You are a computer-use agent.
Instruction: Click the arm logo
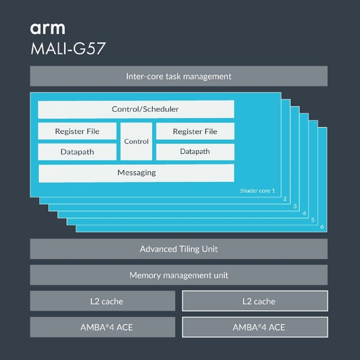click(x=48, y=28)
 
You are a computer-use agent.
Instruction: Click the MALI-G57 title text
click(x=68, y=48)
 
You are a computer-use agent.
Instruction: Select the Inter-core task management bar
click(x=179, y=76)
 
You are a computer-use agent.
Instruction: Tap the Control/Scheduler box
click(x=136, y=109)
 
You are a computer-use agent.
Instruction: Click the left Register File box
click(x=77, y=131)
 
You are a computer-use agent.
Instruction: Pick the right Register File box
click(x=195, y=131)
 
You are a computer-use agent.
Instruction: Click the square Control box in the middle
click(x=136, y=141)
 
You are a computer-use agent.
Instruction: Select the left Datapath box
click(x=77, y=152)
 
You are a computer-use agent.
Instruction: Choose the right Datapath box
click(x=195, y=152)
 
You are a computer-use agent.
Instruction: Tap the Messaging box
click(x=136, y=173)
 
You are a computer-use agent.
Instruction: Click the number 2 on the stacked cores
click(x=284, y=198)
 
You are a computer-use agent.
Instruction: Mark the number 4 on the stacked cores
click(x=304, y=213)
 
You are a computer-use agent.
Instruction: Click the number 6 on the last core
click(x=322, y=227)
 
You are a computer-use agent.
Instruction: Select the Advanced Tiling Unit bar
click(x=179, y=249)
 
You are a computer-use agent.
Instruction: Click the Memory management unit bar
click(x=179, y=275)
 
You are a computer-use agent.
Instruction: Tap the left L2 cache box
click(x=103, y=301)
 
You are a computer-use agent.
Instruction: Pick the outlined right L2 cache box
click(x=255, y=301)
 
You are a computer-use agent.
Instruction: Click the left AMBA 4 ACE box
click(x=103, y=327)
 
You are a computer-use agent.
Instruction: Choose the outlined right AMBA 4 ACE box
click(x=255, y=327)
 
